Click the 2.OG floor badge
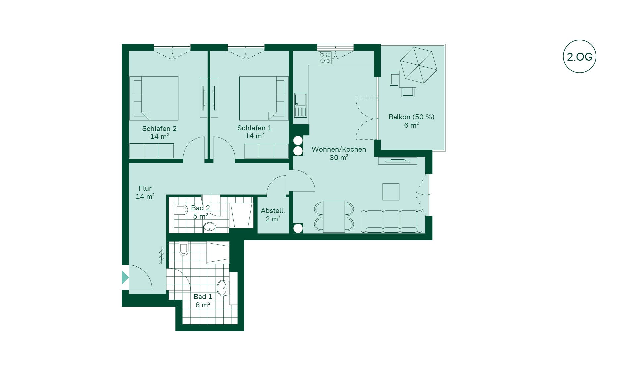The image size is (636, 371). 579,57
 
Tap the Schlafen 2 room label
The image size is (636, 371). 159,129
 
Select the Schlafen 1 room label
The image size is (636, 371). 254,128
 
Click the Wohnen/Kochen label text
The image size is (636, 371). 339,149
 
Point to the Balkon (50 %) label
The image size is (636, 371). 411,117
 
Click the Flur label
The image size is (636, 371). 145,188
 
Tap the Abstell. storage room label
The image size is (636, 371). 273,211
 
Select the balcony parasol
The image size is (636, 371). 418,65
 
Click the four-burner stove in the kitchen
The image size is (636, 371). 325,58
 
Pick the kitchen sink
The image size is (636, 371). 301,100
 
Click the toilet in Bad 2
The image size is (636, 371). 181,210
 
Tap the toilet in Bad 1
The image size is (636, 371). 184,249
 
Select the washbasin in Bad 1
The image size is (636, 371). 222,288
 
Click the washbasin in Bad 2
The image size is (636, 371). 209,227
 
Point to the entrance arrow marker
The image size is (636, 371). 125,277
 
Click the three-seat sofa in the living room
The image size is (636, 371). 391,221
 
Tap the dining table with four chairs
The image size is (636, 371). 334,216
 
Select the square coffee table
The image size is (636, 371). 391,192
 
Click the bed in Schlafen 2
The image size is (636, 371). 154,98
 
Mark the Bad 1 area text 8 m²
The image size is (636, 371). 203,305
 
